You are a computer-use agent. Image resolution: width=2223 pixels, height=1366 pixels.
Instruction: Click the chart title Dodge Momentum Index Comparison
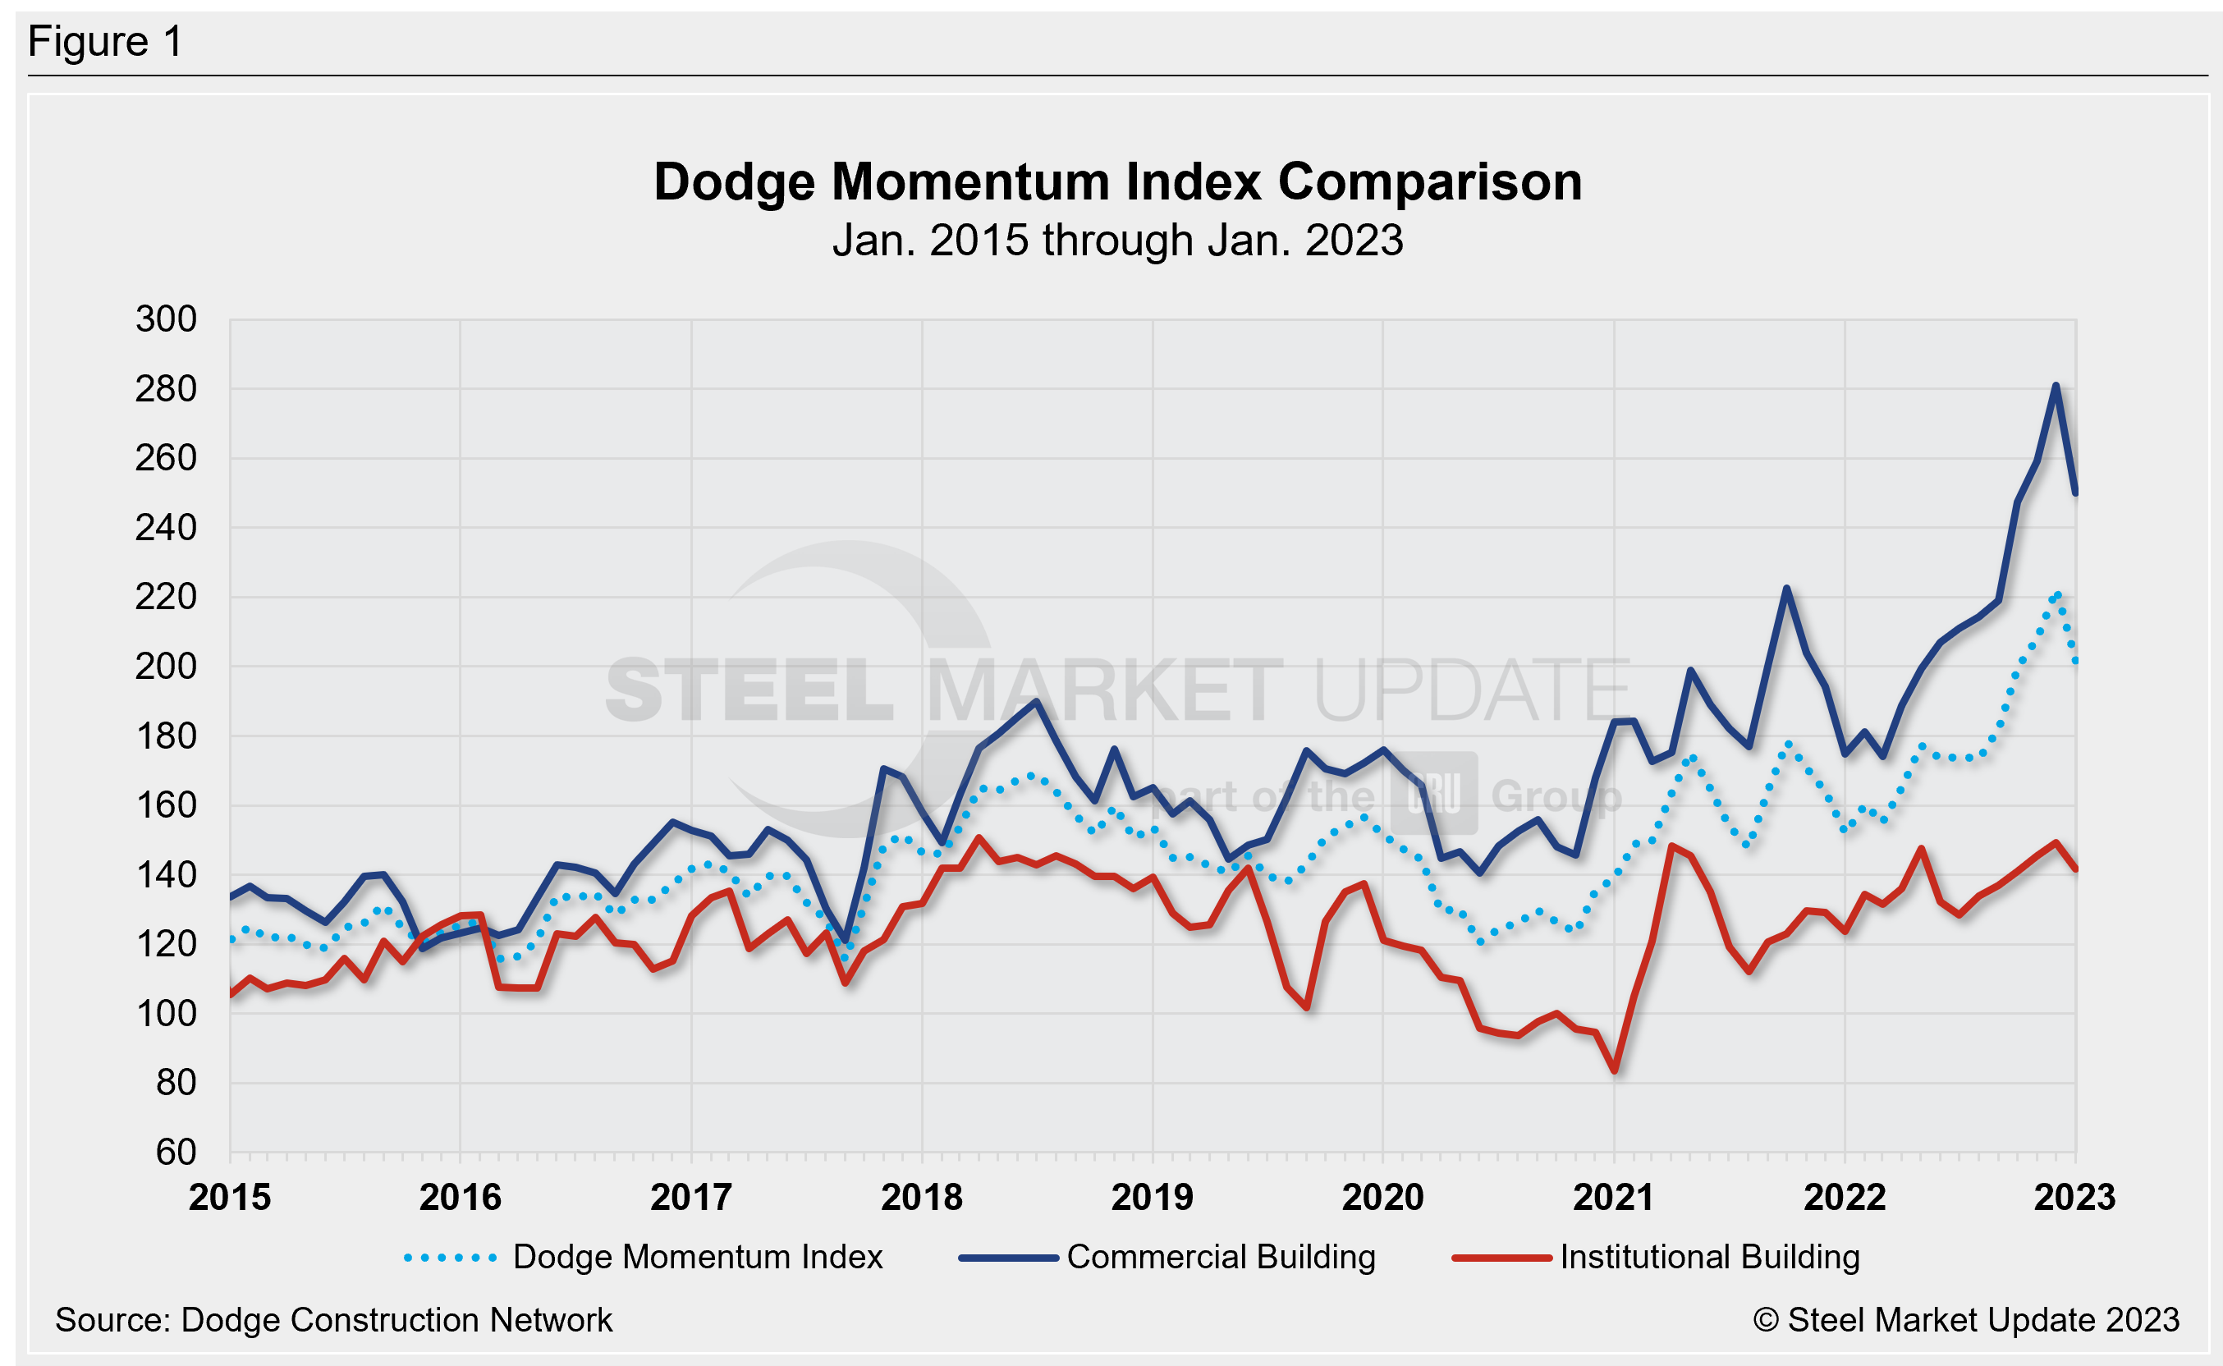(x=1117, y=181)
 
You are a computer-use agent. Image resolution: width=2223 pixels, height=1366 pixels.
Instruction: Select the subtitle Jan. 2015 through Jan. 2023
(x=1117, y=241)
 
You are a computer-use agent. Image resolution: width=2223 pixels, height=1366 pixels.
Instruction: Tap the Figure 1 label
(x=105, y=42)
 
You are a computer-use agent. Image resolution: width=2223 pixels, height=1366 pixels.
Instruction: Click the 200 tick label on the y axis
(x=166, y=666)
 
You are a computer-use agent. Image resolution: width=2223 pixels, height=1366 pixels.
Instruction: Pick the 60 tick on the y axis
(x=176, y=1152)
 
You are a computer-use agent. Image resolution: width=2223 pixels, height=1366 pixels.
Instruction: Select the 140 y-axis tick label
(x=166, y=874)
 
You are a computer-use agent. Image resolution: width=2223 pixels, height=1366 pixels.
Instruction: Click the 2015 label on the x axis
(x=229, y=1197)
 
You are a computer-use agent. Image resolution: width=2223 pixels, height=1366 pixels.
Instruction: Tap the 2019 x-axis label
(x=1152, y=1197)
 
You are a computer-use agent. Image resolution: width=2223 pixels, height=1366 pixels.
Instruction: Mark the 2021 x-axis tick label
(x=1613, y=1197)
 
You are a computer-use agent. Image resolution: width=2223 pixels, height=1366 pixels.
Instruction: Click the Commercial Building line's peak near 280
(x=2056, y=386)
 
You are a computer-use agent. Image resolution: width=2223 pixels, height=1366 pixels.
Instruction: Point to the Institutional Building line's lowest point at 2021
(x=1614, y=1070)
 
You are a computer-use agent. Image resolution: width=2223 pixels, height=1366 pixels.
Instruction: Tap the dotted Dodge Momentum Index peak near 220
(x=2058, y=594)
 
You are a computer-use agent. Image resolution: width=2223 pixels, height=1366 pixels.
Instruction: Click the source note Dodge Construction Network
(x=333, y=1320)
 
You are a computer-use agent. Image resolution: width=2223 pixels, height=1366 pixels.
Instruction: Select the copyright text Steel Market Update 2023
(x=1966, y=1320)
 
